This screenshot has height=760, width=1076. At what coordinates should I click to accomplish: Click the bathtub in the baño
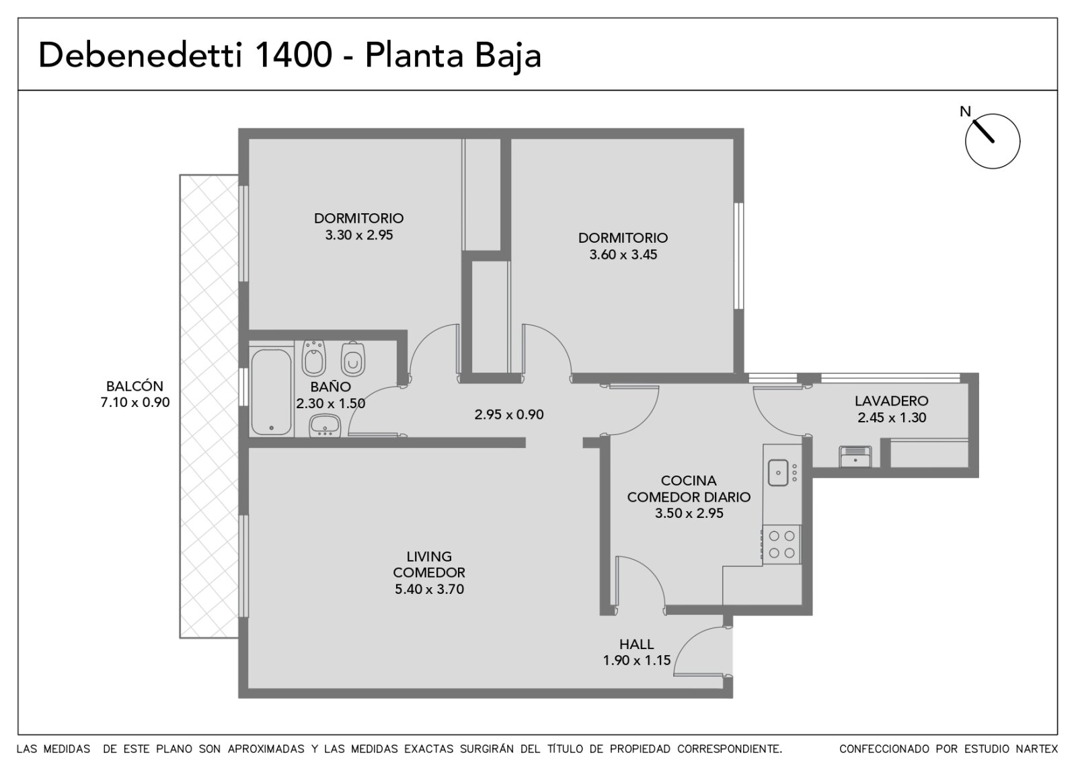pos(271,392)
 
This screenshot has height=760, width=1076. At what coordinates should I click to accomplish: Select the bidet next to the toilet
pos(314,358)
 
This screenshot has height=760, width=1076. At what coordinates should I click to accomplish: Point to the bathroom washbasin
pos(325,426)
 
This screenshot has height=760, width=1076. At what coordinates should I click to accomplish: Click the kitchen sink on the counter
pos(777,473)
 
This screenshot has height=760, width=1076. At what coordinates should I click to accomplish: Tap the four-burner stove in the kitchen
pos(781,544)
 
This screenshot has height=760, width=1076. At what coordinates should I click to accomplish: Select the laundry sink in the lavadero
pos(855,457)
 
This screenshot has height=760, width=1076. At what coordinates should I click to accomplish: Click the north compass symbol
pos(993,141)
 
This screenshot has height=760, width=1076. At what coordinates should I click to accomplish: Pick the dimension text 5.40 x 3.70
pos(430,589)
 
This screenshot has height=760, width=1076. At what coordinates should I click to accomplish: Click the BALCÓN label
pos(134,386)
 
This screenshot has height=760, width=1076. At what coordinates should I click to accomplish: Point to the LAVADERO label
pos(892,401)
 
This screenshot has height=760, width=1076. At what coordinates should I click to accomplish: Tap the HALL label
pos(636,644)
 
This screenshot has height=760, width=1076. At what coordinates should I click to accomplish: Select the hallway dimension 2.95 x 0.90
pos(509,414)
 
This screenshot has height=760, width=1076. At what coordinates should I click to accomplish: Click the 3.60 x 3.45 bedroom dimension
pos(623,255)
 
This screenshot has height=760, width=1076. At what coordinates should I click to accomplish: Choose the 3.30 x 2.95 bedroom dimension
pos(359,235)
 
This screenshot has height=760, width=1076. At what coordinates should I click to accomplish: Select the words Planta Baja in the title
pos(453,56)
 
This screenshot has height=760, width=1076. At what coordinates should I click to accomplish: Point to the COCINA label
pos(689,480)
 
